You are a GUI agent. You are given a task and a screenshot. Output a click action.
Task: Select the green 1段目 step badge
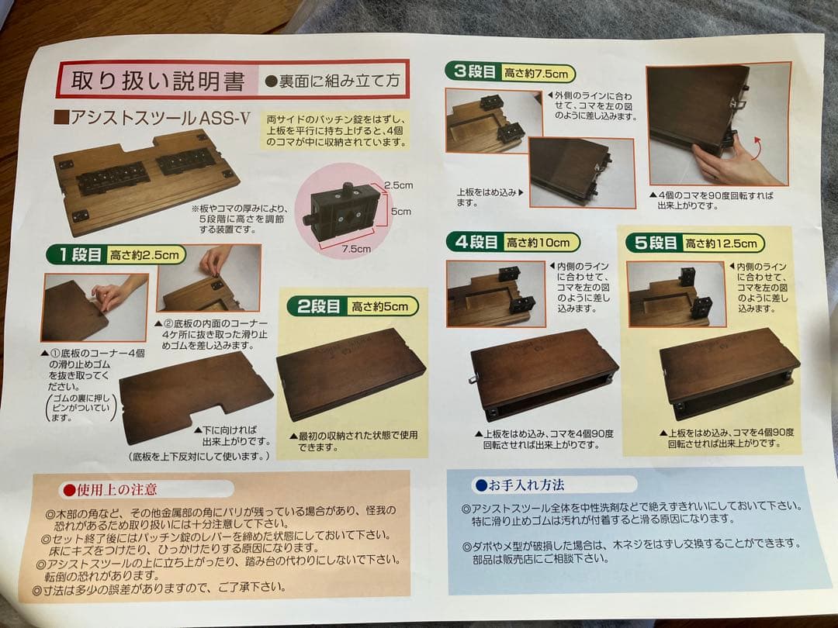(75, 254)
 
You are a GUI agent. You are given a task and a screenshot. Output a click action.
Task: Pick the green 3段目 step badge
(473, 73)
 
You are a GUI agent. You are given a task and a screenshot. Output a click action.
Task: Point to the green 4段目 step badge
(476, 242)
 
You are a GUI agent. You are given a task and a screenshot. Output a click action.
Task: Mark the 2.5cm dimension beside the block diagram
(397, 185)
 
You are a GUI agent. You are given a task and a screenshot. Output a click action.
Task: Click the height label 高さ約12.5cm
(723, 243)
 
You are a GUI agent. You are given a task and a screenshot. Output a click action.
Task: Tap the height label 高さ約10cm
(540, 243)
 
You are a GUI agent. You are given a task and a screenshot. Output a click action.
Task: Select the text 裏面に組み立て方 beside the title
(334, 79)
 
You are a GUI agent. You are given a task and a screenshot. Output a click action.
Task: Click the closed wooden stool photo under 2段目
(349, 374)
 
